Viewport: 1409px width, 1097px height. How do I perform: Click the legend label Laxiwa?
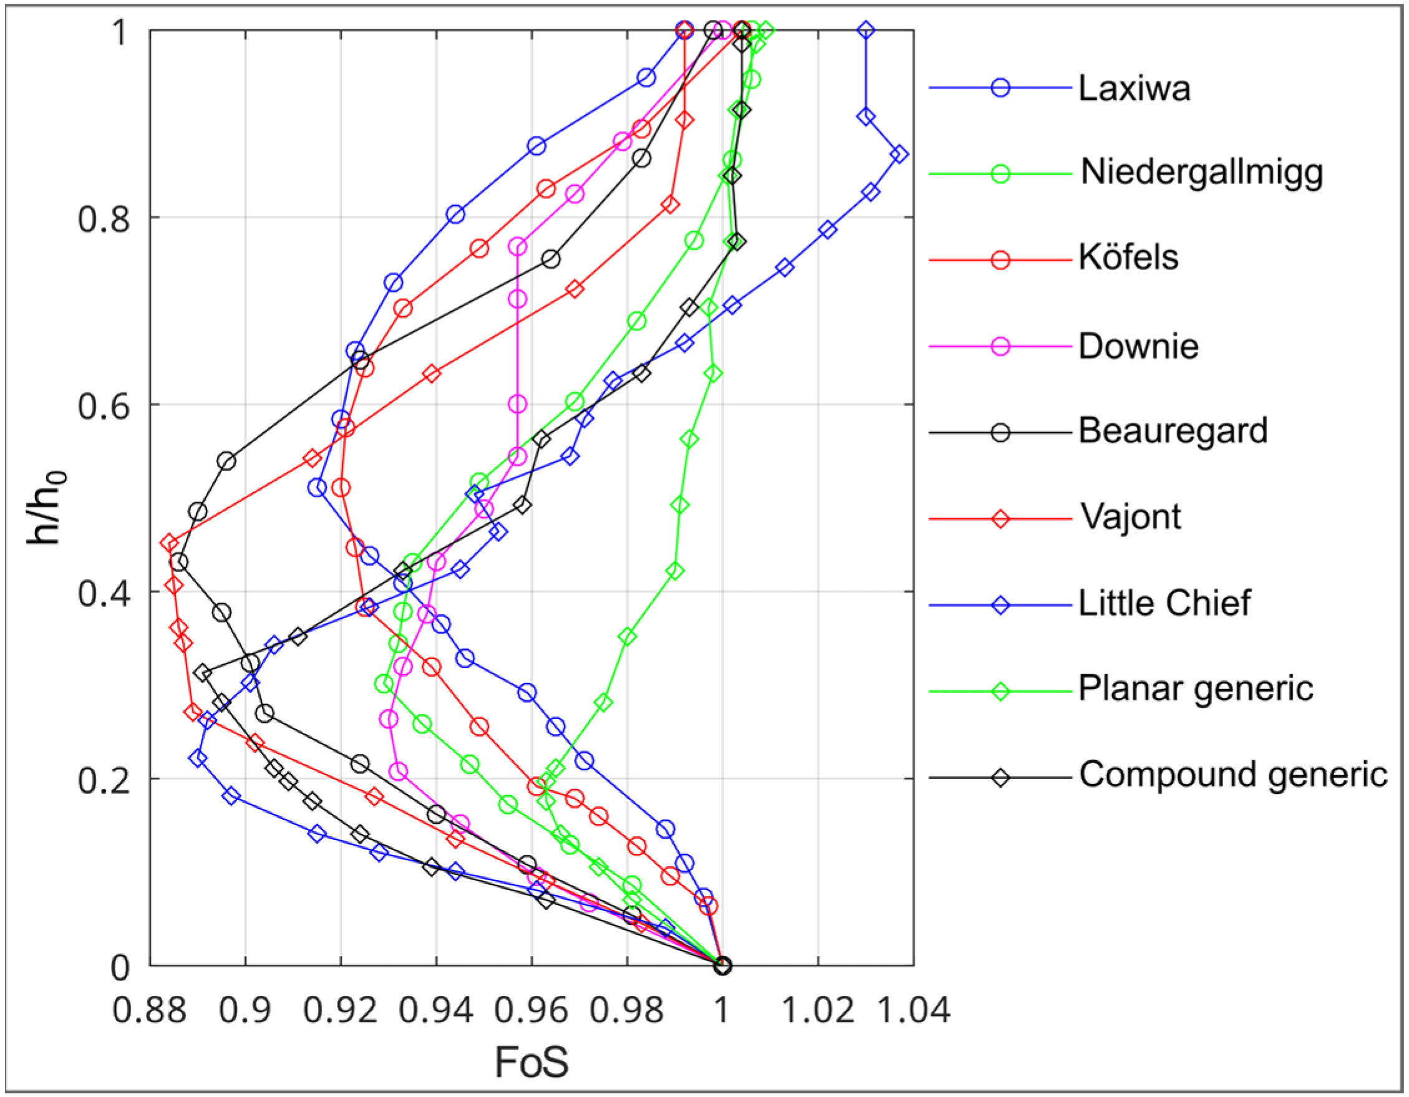1133,89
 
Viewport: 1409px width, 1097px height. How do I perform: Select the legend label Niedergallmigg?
1201,173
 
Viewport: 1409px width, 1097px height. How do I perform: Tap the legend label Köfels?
1128,258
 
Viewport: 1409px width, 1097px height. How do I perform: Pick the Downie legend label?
1138,346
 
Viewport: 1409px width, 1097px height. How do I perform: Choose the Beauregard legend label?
1172,431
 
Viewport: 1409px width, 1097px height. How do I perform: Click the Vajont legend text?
1130,516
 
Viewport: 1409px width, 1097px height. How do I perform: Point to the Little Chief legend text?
1164,603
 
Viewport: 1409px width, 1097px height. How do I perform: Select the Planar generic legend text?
1195,689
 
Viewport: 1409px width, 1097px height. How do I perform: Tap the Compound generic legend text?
1232,775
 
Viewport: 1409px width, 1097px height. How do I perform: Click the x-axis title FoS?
531,1062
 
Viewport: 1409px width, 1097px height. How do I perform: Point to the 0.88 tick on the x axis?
150,1010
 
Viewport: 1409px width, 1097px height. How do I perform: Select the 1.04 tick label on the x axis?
914,1010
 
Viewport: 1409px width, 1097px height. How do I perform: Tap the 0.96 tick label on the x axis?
531,1010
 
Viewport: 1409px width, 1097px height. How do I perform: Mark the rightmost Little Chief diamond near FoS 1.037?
900,155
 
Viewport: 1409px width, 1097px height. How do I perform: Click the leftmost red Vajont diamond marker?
169,543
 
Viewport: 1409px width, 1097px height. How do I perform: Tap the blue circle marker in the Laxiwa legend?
1000,89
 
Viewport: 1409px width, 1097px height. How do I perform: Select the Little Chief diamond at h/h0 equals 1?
866,31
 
